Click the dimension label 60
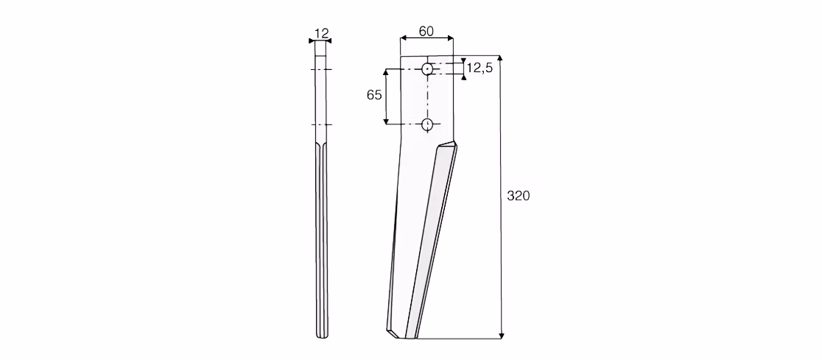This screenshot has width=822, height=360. coord(426,32)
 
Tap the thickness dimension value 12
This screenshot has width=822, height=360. coord(321,34)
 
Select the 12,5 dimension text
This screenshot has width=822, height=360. coord(479,68)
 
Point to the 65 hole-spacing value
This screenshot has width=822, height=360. coord(374,95)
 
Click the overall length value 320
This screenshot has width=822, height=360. coord(519,196)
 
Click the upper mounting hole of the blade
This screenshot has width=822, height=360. coord(428,68)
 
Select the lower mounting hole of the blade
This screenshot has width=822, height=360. coord(428,124)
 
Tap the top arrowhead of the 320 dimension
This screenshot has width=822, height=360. coord(500,58)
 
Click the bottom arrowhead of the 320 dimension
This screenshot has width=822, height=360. coord(501,336)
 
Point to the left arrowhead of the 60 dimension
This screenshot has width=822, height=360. coord(403,38)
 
